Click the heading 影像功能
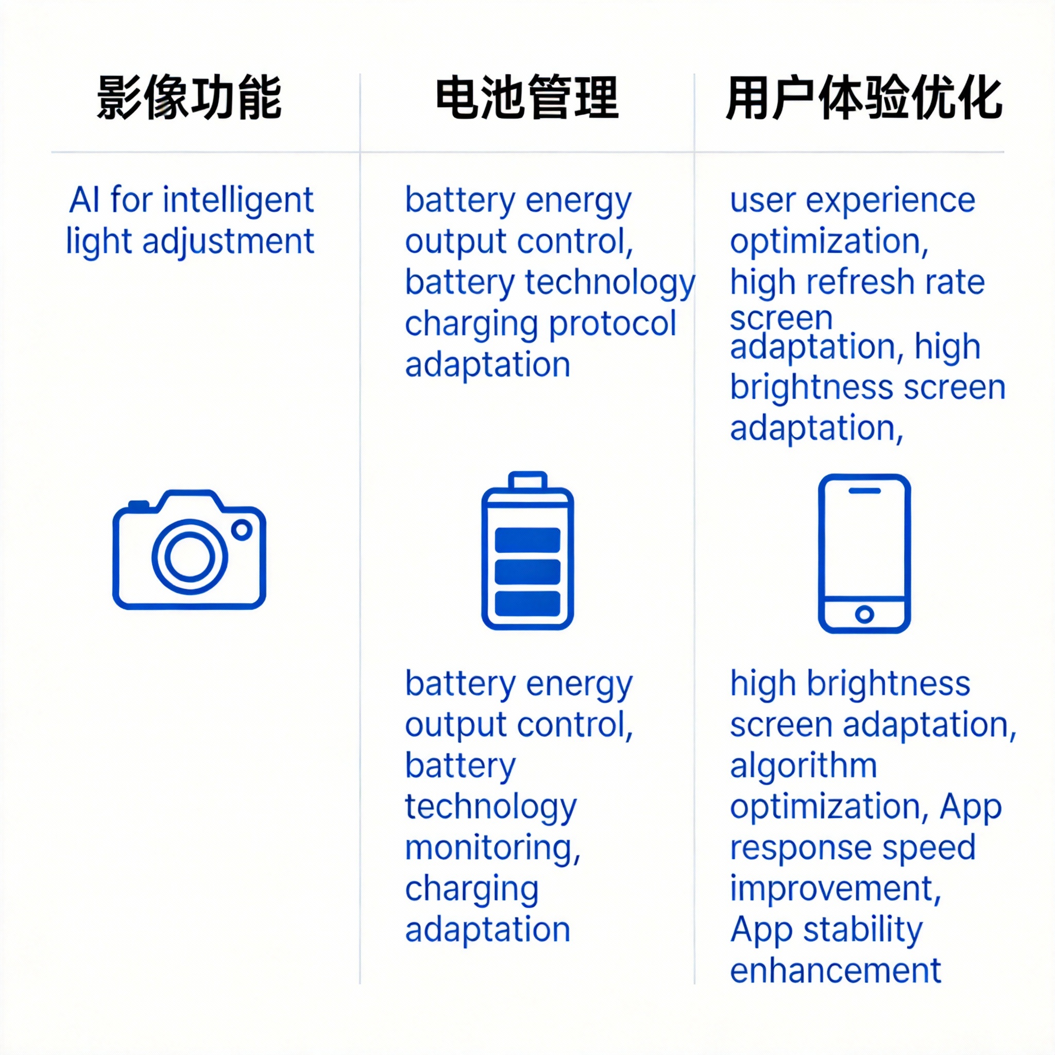pos(189,98)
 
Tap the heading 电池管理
pos(527,98)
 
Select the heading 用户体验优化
pos(864,98)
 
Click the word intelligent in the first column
pos(238,200)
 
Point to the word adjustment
pos(228,242)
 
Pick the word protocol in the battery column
pos(612,324)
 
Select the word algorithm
pos(803,765)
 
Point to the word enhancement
pos(836,971)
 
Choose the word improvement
pos(836,889)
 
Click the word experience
pos(891,200)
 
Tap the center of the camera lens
pos(190,556)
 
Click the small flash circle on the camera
pos(242,529)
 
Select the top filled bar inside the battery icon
pos(527,539)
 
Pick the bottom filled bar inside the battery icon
pos(527,603)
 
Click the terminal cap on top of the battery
pos(527,481)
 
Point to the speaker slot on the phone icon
pos(864,490)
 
